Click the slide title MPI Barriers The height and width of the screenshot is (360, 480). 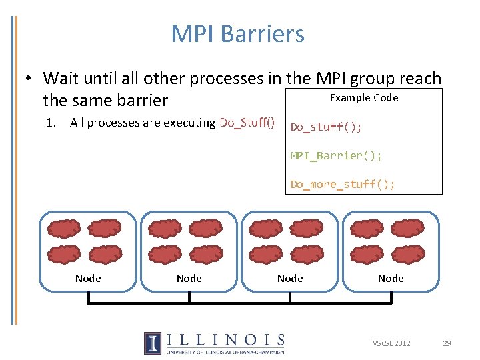[237, 34]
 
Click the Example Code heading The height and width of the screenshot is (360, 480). [364, 98]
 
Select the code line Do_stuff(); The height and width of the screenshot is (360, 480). [326, 127]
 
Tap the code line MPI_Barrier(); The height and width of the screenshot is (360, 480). [336, 155]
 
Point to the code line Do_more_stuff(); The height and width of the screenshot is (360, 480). [343, 184]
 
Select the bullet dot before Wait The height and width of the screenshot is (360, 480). [30, 79]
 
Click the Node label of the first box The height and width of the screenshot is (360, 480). [88, 278]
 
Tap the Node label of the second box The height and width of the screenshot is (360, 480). [189, 278]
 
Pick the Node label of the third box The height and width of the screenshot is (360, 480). [290, 278]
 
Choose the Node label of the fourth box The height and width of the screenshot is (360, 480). [391, 278]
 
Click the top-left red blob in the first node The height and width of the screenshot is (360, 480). [64, 229]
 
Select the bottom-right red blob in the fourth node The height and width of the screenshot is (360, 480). [408, 254]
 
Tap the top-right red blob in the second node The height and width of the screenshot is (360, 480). [205, 229]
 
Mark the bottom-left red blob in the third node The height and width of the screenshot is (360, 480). [265, 254]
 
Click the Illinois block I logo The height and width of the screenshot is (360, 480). [152, 343]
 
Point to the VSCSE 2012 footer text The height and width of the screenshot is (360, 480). [391, 343]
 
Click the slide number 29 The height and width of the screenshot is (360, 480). [447, 343]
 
